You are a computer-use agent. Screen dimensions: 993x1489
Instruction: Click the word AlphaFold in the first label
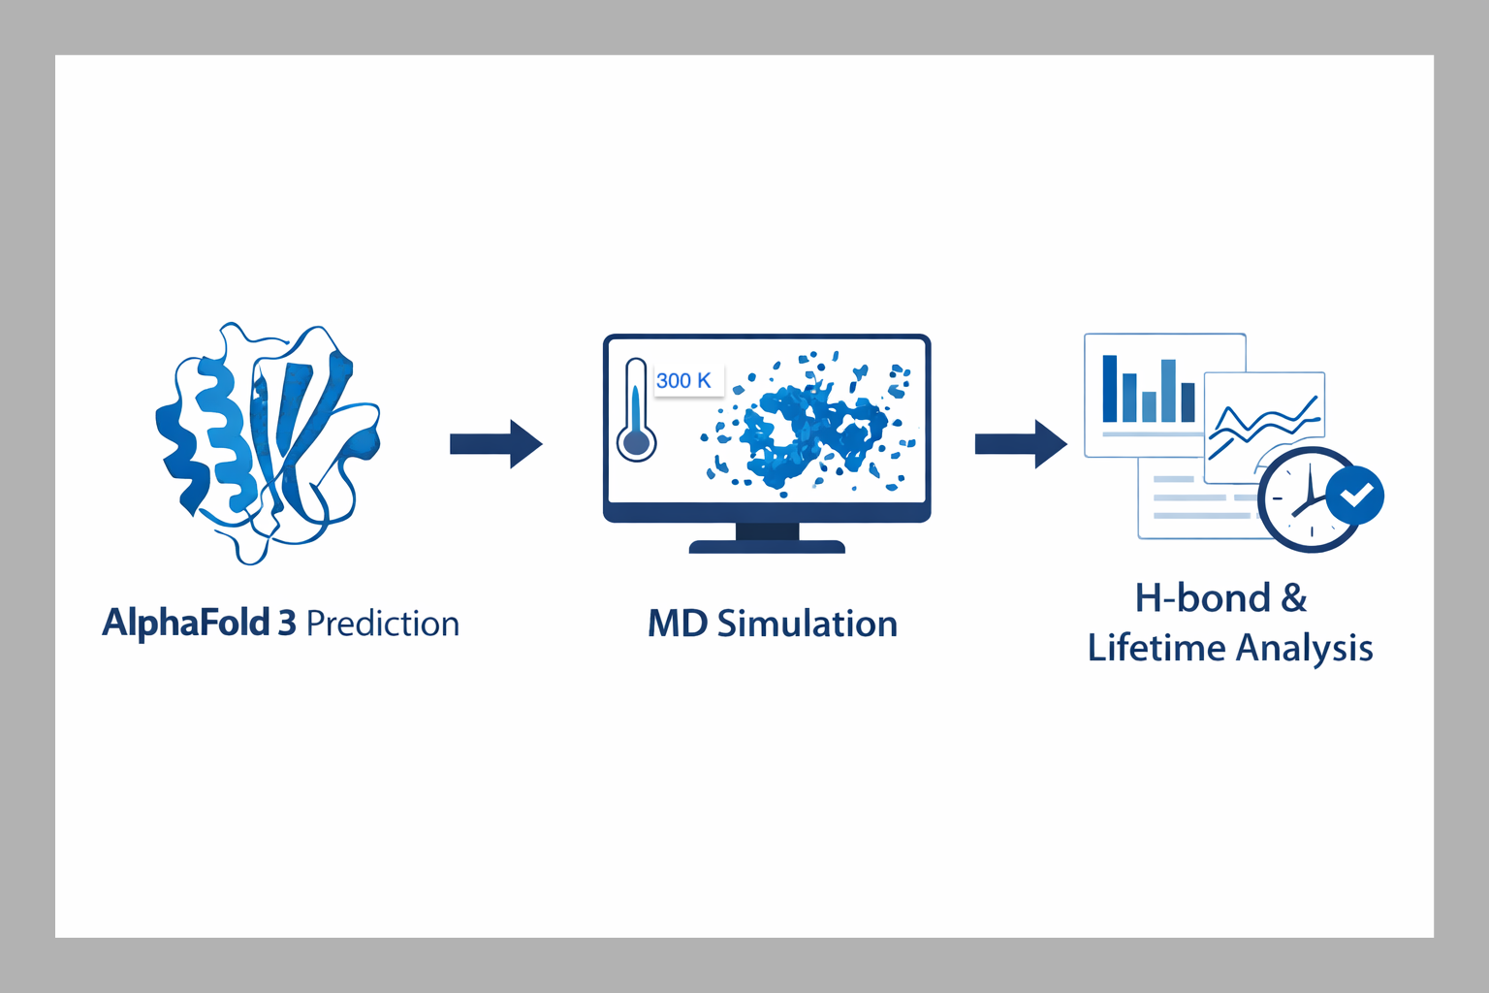[x=185, y=624]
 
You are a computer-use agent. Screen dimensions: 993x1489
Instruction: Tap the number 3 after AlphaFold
[x=287, y=624]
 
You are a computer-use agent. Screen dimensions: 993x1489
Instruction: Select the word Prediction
[x=383, y=624]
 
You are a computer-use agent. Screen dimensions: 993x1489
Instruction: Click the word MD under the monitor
[x=678, y=624]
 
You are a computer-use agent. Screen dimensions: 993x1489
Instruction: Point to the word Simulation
[x=808, y=624]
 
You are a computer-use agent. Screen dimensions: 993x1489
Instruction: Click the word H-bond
[x=1202, y=598]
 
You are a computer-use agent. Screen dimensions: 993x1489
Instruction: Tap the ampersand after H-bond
[x=1294, y=598]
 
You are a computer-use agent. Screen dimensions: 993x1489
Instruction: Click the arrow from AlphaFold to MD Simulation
[x=495, y=444]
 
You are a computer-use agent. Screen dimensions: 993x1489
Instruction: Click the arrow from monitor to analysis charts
[x=1020, y=444]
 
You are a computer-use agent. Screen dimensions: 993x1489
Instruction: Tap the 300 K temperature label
[x=684, y=380]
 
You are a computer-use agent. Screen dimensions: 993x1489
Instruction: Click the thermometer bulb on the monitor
[x=637, y=443]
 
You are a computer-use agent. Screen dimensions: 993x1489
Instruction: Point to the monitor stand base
[x=767, y=547]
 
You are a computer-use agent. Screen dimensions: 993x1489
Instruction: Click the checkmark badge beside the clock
[x=1355, y=496]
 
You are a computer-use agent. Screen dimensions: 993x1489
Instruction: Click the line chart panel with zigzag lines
[x=1264, y=417]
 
